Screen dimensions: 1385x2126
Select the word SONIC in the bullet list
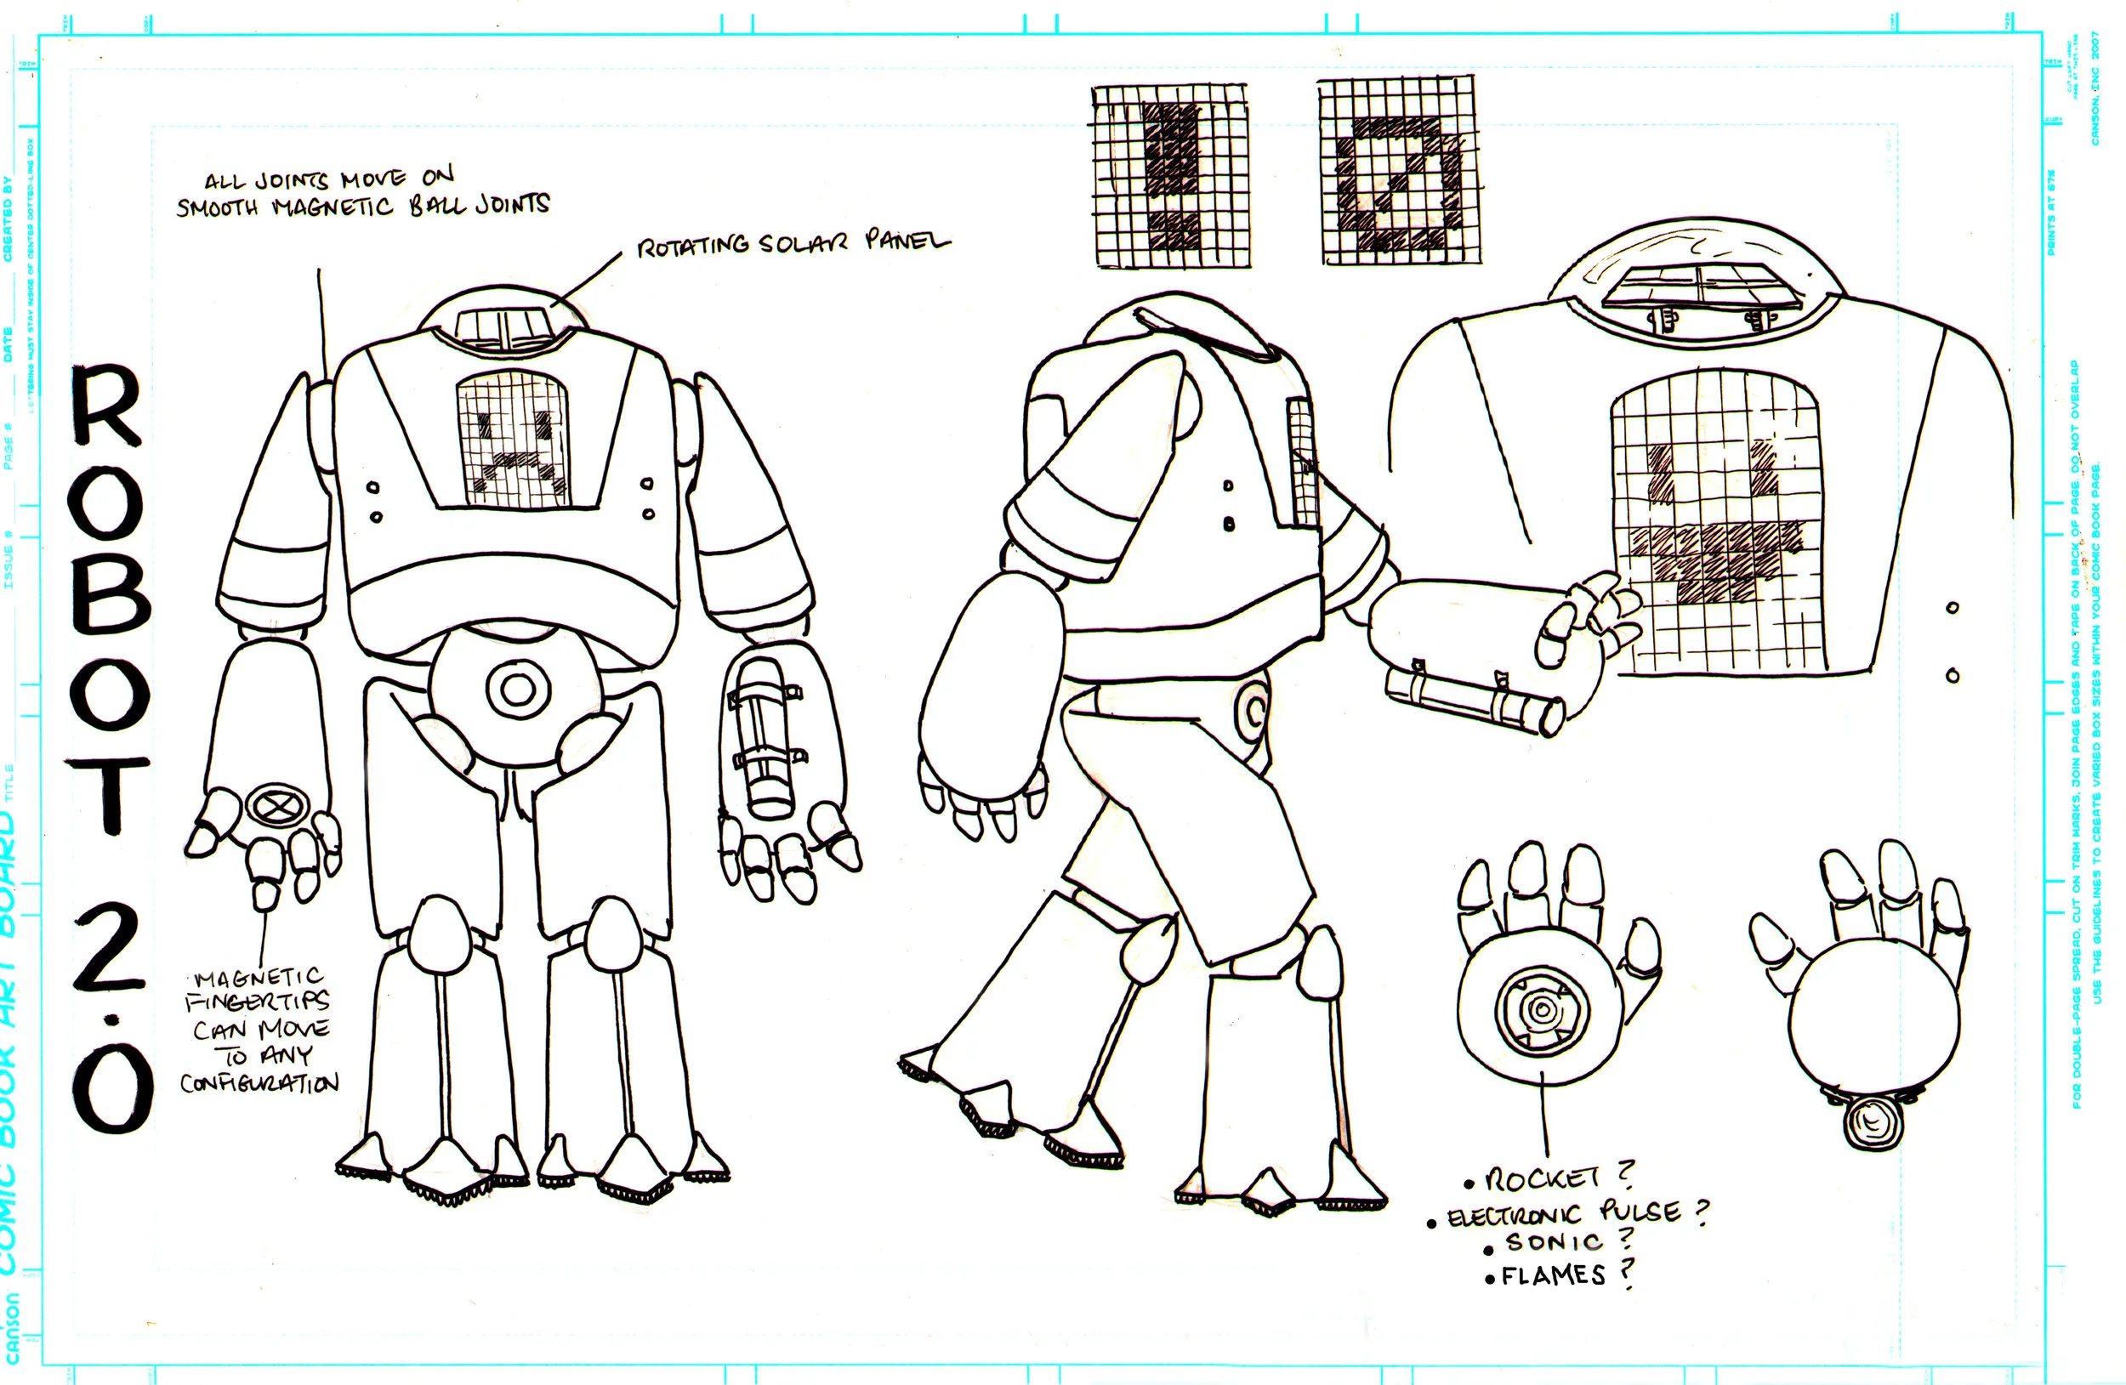coord(1553,1242)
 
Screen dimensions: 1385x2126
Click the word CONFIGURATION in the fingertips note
coord(259,1083)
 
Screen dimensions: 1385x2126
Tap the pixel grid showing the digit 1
coord(1170,175)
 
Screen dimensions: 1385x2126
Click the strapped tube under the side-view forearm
coord(1475,696)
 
